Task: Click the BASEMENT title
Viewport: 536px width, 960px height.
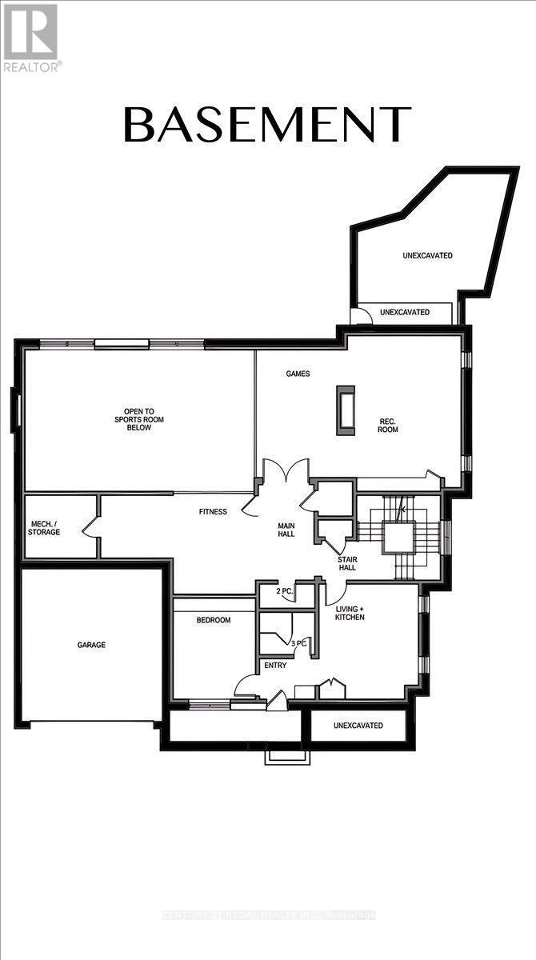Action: (267, 125)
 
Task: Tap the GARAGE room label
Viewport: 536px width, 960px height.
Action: (91, 645)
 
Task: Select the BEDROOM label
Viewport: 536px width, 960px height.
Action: (214, 620)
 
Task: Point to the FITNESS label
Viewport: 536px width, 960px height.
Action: (214, 512)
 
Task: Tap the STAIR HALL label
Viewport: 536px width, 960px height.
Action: (347, 562)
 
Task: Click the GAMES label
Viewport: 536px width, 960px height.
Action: (298, 374)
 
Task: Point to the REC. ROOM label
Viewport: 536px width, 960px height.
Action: (388, 425)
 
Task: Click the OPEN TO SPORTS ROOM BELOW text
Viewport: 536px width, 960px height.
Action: (132, 422)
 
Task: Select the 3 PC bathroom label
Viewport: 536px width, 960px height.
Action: (299, 642)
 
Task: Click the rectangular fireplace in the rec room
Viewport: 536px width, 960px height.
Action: (346, 410)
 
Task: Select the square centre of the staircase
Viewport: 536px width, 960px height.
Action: (397, 537)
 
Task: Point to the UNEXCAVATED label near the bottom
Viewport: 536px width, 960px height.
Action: (358, 726)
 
